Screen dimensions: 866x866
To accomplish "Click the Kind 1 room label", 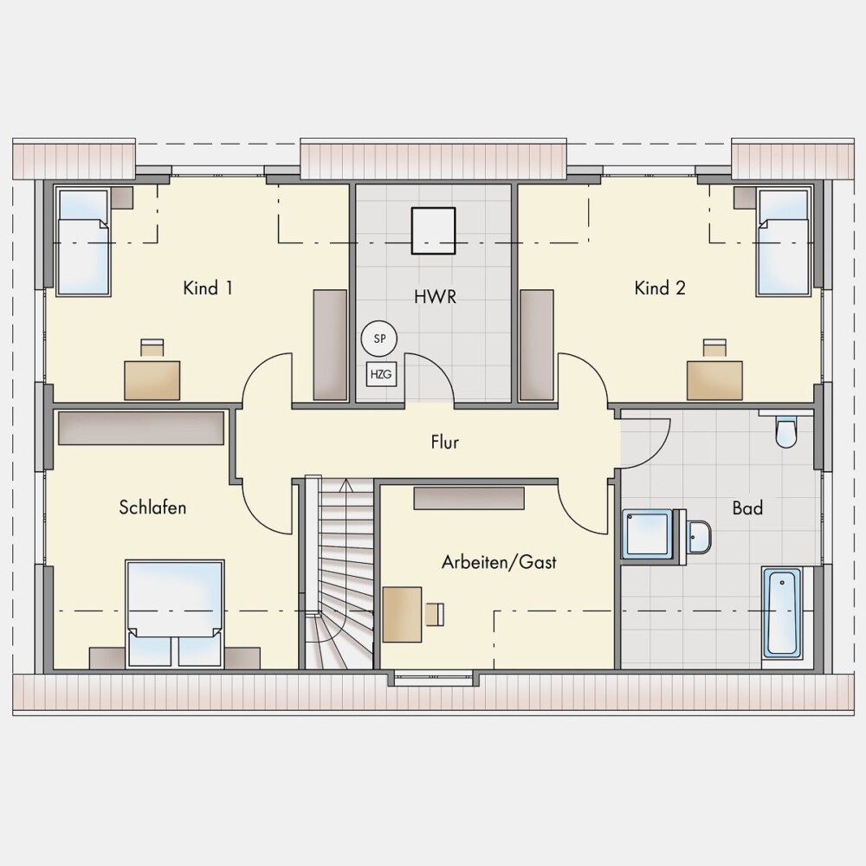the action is [208, 288].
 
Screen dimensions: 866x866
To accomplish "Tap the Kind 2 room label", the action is [660, 288].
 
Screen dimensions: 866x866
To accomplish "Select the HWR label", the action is [436, 296].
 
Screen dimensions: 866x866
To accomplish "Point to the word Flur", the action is [444, 442].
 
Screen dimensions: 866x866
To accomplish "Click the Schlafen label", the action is [152, 507].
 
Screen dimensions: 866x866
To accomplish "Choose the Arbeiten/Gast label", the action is [499, 562].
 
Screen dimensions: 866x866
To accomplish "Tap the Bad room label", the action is [747, 507].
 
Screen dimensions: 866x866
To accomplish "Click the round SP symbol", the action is [379, 339].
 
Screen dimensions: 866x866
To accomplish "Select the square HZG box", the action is [381, 374].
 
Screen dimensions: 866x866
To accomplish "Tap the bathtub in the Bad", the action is [782, 613].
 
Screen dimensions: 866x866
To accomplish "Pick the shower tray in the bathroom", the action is [647, 534].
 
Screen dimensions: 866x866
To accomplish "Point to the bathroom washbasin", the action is [699, 536].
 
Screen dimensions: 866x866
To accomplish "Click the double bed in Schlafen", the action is [175, 614].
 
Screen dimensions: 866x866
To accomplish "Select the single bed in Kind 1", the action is [83, 242].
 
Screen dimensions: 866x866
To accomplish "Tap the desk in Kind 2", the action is [714, 380].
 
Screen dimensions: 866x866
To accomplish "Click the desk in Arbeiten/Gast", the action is [402, 614].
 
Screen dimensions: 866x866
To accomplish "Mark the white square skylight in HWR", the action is [433, 230].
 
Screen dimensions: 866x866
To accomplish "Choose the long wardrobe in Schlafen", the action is [141, 428].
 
